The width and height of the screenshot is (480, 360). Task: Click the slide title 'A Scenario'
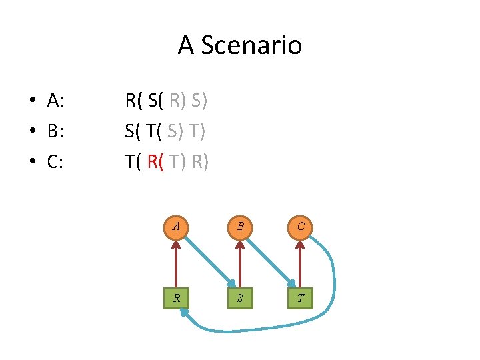click(239, 45)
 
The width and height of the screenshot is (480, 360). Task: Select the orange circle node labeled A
click(176, 226)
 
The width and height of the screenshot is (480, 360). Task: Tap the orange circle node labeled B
click(239, 226)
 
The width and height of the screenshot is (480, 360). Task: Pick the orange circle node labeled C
click(301, 226)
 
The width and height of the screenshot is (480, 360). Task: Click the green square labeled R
click(176, 298)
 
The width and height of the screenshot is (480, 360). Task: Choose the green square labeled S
click(239, 298)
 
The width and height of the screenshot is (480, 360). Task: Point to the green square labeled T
click(301, 298)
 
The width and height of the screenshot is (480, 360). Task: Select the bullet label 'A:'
click(55, 101)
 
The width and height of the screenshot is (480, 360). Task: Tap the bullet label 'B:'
click(55, 131)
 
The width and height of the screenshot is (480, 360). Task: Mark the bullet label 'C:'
click(55, 161)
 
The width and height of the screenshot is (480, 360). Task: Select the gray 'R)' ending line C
click(199, 161)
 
